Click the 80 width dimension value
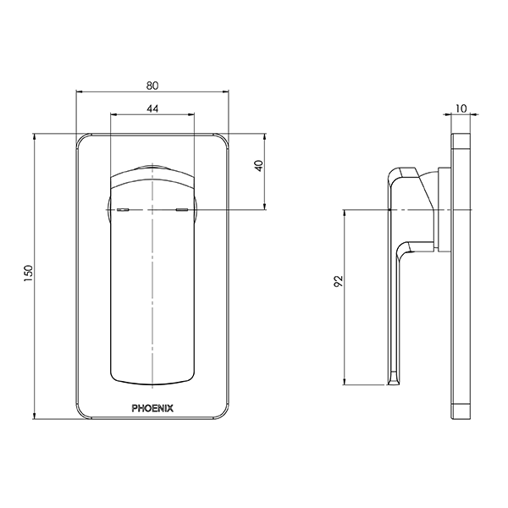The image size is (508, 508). click(152, 85)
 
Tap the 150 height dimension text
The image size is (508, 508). click(28, 275)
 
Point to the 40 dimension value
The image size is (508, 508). click(259, 166)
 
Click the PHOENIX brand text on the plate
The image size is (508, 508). click(152, 407)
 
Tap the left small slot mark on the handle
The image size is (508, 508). click(123, 208)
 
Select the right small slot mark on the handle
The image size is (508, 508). click(182, 208)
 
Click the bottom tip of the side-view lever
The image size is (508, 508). click(392, 381)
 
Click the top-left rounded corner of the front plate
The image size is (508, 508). click(81, 138)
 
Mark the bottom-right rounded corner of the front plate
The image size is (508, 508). click(223, 415)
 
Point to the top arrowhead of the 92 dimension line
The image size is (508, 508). click(345, 212)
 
